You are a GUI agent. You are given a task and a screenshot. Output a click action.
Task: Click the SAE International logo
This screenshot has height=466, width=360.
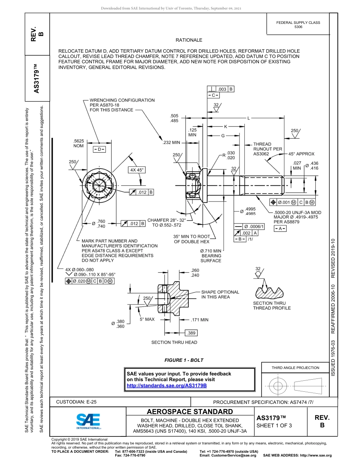point(88,421)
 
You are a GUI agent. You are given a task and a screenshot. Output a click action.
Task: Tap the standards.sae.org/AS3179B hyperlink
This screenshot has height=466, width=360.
point(166,385)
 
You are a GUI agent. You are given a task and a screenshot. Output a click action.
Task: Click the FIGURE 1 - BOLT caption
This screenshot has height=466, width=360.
point(184,360)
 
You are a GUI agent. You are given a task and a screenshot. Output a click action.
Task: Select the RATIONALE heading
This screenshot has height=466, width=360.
point(189,40)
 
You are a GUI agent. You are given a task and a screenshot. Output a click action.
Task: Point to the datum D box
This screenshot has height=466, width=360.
point(99,149)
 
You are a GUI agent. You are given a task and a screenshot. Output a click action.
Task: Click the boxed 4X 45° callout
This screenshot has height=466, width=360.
point(137,170)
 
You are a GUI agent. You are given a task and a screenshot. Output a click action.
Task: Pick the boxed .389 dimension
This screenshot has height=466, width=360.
point(191,333)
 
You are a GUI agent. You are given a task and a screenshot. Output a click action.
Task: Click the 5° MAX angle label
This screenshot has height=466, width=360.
point(147,319)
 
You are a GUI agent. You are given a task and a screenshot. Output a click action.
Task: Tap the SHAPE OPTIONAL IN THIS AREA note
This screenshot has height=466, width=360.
point(220,294)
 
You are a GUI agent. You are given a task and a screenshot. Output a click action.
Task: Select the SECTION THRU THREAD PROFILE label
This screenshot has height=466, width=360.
point(272,305)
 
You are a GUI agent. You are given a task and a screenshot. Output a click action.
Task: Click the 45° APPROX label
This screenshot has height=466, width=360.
point(301,154)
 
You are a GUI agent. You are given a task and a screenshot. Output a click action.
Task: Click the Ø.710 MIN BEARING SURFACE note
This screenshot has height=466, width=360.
point(211,256)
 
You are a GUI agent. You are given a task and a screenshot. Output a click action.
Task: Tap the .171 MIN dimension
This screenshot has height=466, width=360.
point(200,320)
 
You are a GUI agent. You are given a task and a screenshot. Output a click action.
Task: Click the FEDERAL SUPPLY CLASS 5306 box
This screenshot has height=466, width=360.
point(298,25)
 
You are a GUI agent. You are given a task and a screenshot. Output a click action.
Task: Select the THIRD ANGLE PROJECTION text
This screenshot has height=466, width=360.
point(295,367)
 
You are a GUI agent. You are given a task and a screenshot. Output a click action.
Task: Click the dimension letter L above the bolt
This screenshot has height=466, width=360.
point(249,118)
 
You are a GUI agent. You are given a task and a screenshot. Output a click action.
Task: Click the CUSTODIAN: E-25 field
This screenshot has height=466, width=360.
point(74,402)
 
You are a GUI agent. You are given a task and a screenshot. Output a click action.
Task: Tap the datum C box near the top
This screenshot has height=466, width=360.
point(213,95)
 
